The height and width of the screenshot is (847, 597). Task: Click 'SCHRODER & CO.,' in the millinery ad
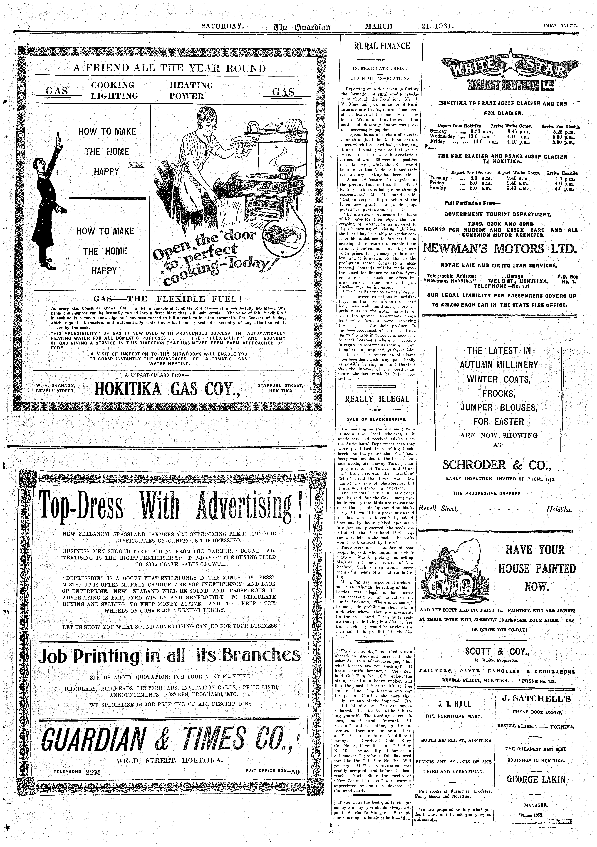497,465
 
